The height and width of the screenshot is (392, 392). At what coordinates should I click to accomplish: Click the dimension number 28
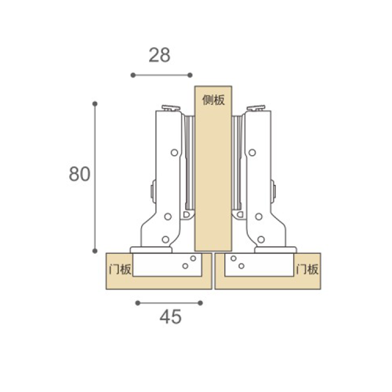159,55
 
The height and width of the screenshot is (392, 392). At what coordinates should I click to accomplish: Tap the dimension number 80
80,174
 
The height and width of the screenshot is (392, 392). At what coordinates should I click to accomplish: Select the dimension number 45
170,317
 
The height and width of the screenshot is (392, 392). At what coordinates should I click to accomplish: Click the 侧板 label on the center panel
213,100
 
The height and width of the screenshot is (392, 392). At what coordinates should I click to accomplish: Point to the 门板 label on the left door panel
120,269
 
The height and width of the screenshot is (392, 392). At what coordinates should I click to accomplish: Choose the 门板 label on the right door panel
307,269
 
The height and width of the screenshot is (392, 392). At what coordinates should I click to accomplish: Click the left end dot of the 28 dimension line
133,75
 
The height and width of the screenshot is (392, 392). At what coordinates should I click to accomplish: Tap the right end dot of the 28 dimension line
190,75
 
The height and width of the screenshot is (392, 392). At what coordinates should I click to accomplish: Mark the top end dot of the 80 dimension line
95,103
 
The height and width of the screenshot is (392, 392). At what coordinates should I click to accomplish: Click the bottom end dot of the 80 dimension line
95,251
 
